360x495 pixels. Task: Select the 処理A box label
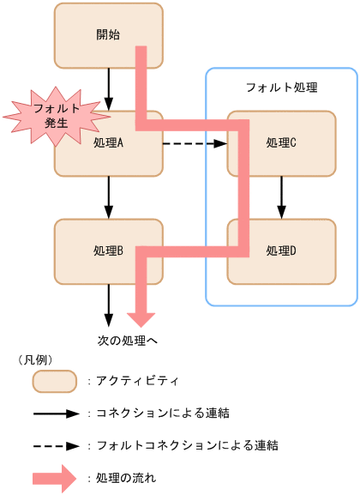click(x=109, y=143)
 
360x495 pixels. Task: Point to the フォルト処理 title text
click(x=281, y=88)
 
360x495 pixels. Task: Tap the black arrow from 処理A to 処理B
click(x=109, y=197)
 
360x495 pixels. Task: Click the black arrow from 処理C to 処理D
click(x=281, y=197)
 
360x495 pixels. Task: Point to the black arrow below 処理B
click(x=109, y=303)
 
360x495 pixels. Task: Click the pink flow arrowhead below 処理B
click(x=142, y=310)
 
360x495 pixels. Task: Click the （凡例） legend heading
click(x=36, y=360)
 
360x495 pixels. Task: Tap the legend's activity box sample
click(x=55, y=380)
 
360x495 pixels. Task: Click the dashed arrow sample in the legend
click(x=55, y=445)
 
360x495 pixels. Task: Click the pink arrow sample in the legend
click(x=55, y=478)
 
